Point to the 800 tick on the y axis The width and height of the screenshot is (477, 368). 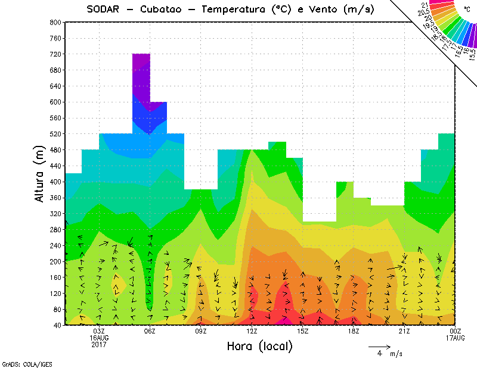(x=55, y=22)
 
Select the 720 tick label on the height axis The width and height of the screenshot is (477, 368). (x=55, y=54)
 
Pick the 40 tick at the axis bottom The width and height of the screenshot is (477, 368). (x=57, y=325)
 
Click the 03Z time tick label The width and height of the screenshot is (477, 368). (x=99, y=331)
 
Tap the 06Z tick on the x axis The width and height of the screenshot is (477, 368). (x=150, y=331)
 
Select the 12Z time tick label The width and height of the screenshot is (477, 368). (x=252, y=331)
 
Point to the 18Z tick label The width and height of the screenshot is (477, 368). (x=354, y=331)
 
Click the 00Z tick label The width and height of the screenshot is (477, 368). (x=456, y=331)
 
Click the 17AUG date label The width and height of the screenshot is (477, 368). (x=456, y=338)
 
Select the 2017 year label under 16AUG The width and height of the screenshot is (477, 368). (x=99, y=344)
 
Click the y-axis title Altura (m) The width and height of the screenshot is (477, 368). (x=40, y=173)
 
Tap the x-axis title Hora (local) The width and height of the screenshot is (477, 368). (x=259, y=346)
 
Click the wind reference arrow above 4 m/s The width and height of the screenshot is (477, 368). (x=379, y=346)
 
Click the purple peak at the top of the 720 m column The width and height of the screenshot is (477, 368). (x=141, y=63)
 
